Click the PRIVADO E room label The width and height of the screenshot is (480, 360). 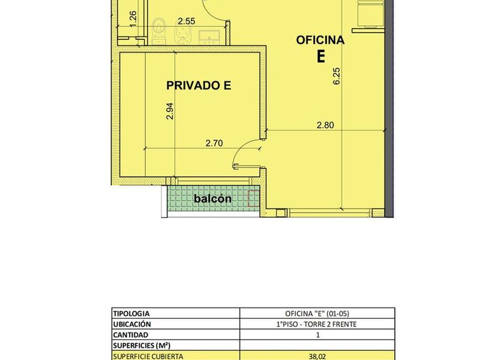[x=199, y=85]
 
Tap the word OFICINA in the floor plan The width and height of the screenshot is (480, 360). [x=320, y=40]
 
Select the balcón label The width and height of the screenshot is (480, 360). [x=213, y=199]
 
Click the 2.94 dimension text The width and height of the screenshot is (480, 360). [x=170, y=111]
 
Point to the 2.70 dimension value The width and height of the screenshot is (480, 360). [x=214, y=143]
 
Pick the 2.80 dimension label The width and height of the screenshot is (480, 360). [x=325, y=125]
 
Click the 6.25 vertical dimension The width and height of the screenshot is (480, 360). [x=337, y=76]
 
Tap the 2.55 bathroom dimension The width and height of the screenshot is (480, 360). [x=186, y=21]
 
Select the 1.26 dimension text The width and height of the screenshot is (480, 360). [x=133, y=19]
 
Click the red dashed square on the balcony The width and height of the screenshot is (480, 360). [x=253, y=198]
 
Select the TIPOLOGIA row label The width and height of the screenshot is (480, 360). [x=131, y=314]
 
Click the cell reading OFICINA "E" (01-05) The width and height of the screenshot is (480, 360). [x=317, y=314]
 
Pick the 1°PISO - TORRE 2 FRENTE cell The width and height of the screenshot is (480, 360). [x=317, y=324]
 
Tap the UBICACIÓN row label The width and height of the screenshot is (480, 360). [x=132, y=324]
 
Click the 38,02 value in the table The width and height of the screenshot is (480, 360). [x=317, y=357]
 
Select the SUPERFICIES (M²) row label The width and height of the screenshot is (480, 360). [x=142, y=346]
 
